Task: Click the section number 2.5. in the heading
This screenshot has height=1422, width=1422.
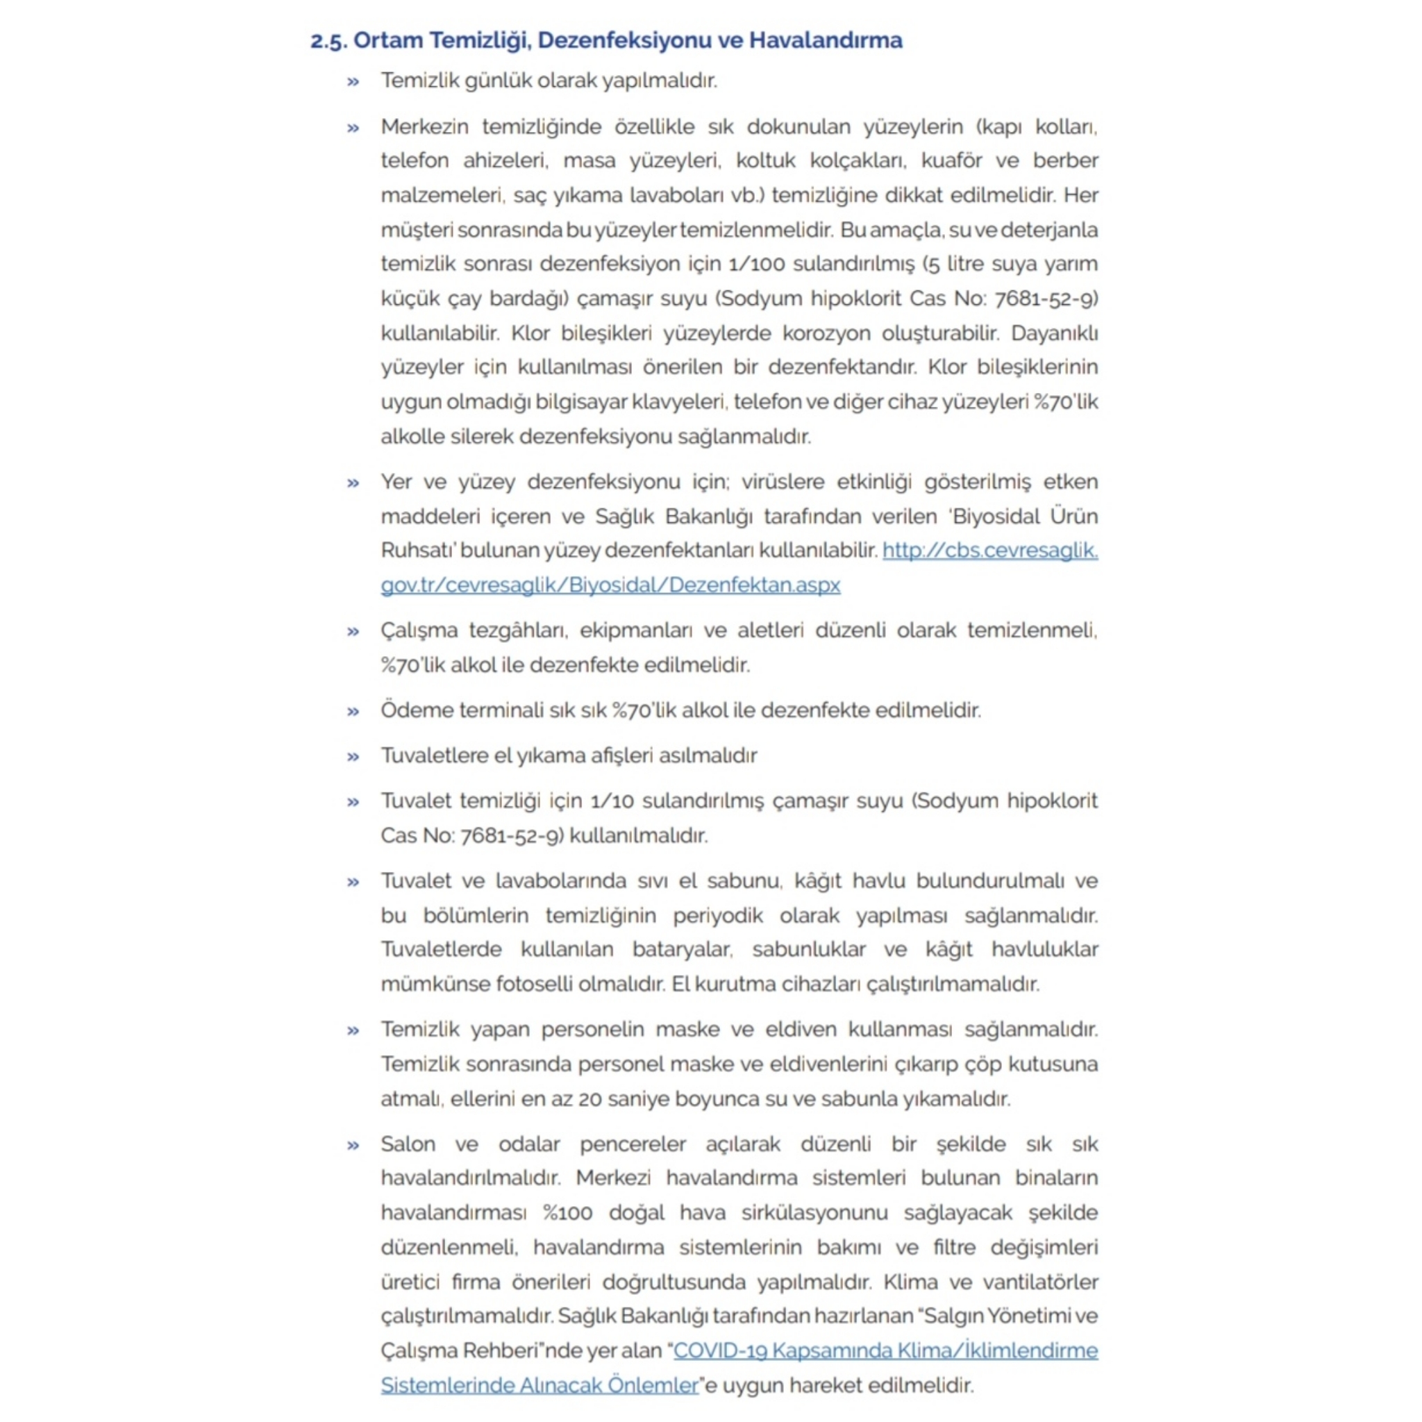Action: click(x=328, y=41)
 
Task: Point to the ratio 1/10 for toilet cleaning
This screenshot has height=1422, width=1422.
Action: click(x=612, y=801)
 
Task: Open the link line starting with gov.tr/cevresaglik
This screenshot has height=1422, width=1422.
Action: click(x=610, y=585)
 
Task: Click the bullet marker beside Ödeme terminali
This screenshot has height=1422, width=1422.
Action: click(x=353, y=712)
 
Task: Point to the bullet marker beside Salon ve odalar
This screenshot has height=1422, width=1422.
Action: click(x=353, y=1145)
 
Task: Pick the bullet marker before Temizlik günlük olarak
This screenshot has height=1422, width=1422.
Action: click(x=353, y=82)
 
